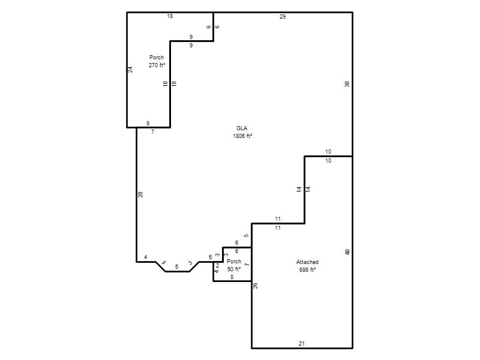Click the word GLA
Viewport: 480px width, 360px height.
click(242, 128)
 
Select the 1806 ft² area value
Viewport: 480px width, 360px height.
click(242, 136)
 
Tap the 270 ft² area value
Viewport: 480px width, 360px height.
click(157, 65)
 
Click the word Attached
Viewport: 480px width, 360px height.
click(307, 262)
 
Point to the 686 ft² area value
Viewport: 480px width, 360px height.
click(307, 269)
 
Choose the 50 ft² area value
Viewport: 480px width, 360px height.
click(234, 269)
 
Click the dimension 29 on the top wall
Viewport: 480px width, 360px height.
click(283, 17)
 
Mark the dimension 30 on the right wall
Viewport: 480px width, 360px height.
click(347, 84)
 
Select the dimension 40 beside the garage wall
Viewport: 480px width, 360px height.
click(347, 252)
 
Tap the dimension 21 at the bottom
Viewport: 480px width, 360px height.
click(302, 343)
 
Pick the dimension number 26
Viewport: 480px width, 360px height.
click(256, 286)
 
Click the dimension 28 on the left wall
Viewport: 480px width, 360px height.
click(140, 194)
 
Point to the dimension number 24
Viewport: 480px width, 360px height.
click(130, 70)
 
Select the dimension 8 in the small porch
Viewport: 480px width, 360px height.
click(232, 277)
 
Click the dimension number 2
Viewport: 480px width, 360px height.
click(217, 266)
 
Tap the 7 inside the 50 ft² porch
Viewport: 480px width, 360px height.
click(247, 264)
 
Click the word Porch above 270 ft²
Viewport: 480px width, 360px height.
click(157, 57)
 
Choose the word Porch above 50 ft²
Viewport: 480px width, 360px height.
click(234, 262)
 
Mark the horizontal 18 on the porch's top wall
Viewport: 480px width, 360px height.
click(170, 16)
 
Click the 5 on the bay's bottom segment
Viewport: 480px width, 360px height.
click(176, 267)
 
